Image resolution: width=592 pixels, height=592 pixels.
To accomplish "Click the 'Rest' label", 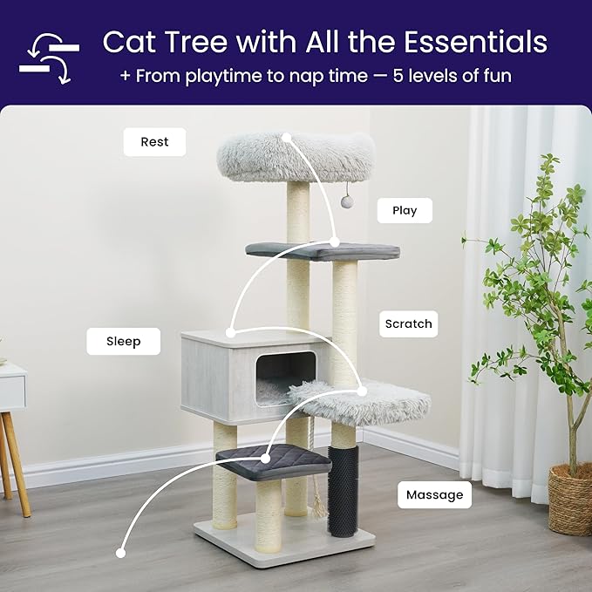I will click(x=154, y=141).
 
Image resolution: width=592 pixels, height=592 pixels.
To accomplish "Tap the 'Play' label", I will click(x=405, y=210).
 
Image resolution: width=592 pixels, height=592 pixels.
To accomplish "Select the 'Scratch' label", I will click(x=408, y=323).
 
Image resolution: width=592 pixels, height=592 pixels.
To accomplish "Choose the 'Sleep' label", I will click(x=124, y=341).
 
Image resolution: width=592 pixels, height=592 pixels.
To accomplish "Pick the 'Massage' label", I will click(x=434, y=495).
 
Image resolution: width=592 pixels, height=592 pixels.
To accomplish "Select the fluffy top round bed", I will click(x=295, y=157).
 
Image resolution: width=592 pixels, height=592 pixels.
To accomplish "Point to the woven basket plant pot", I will click(x=571, y=499).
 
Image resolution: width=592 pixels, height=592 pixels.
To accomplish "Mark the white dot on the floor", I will click(x=120, y=552).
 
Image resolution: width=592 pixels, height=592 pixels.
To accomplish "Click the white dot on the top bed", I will click(x=286, y=135).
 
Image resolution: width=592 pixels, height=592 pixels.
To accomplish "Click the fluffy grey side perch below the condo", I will click(x=362, y=402).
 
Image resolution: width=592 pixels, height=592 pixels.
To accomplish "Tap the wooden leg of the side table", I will click(x=17, y=463).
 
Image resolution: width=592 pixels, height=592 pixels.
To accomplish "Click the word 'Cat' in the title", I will click(x=128, y=42).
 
